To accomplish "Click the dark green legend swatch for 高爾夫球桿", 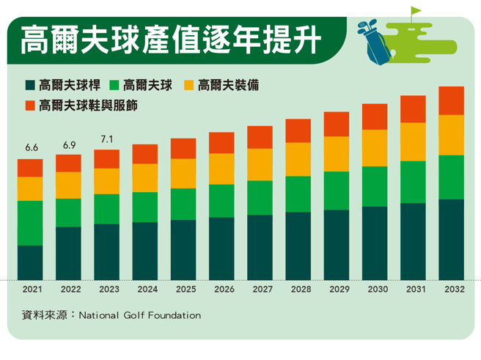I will [30, 86].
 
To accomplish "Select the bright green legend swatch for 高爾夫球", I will [114, 86].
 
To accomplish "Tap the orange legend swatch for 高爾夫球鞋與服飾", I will [30, 106].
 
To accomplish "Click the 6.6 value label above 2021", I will [31, 148].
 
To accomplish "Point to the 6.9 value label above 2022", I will [69, 144].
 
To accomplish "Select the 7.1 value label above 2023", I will [107, 139].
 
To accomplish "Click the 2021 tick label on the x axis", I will [31, 290].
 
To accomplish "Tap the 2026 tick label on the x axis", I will [221, 290].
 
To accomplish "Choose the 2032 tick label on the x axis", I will [451, 290].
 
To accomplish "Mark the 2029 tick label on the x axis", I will [336, 290].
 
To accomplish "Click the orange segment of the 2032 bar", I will [451, 100].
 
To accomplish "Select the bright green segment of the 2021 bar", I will [31, 223].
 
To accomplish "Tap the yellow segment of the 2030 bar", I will [375, 148].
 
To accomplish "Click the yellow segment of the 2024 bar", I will [145, 177].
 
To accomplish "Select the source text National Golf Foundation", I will [139, 316].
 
